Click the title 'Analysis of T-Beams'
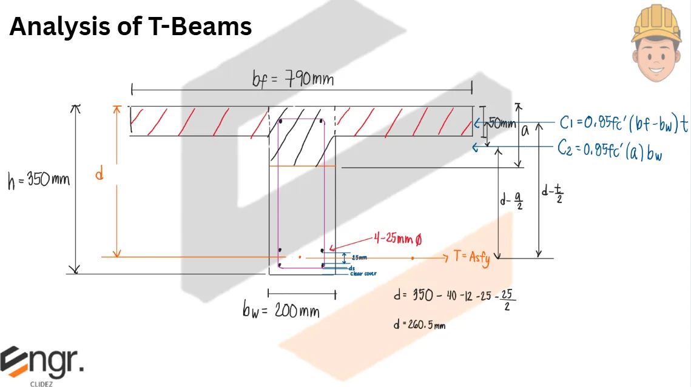point(130,27)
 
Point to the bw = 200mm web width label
point(280,311)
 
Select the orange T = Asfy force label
point(471,257)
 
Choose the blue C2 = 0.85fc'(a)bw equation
point(610,150)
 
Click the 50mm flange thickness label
point(501,124)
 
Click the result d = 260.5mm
point(419,325)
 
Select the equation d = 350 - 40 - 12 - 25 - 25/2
point(454,297)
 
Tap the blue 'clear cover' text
point(363,274)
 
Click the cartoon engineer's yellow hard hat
point(656,21)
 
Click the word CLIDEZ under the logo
point(40,383)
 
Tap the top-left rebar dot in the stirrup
point(280,122)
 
